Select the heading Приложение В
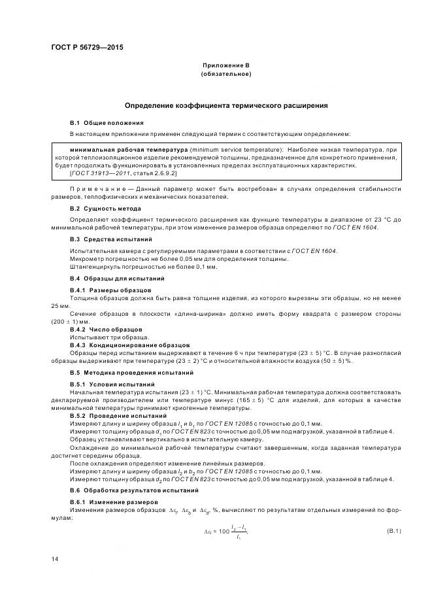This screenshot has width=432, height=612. click(226, 66)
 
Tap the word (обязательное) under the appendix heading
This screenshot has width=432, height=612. click(226, 74)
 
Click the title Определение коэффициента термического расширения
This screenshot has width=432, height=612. click(226, 105)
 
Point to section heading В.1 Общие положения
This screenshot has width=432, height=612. click(107, 123)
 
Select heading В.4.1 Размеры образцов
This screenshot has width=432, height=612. click(110, 290)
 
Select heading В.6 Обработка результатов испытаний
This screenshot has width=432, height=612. click(133, 490)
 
